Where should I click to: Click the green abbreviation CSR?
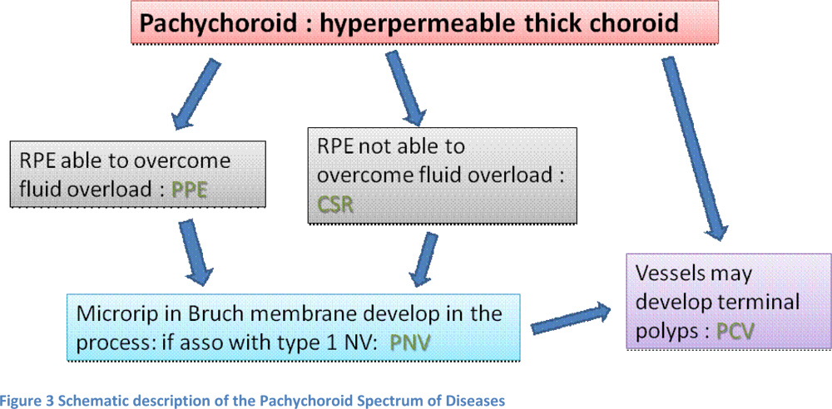pos(336,204)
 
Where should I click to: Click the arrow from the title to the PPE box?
pos(195,94)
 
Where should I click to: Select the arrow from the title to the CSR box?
pos(406,88)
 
